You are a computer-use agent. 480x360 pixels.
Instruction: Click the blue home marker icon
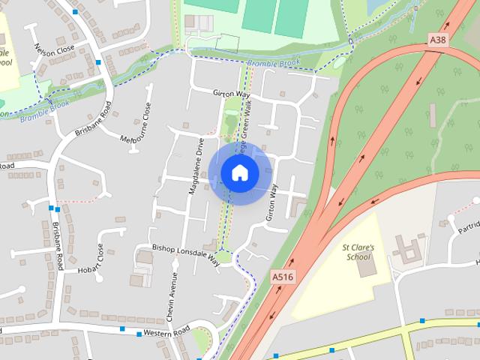coord(239,172)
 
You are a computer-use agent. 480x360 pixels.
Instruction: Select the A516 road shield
coord(282,277)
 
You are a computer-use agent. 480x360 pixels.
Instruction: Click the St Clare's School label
coord(357,251)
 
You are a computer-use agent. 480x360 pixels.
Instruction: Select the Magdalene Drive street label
coord(196,166)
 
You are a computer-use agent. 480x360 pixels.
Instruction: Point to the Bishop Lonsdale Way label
coord(185,253)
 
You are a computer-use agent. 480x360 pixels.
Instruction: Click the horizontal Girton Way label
coord(232,94)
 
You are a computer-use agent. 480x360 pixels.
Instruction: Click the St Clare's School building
coord(365,268)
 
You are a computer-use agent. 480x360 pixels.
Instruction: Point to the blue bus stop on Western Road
coord(122,328)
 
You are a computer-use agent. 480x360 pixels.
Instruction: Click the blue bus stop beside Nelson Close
coord(98,62)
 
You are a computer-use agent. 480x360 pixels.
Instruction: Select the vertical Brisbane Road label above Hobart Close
coord(58,240)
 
